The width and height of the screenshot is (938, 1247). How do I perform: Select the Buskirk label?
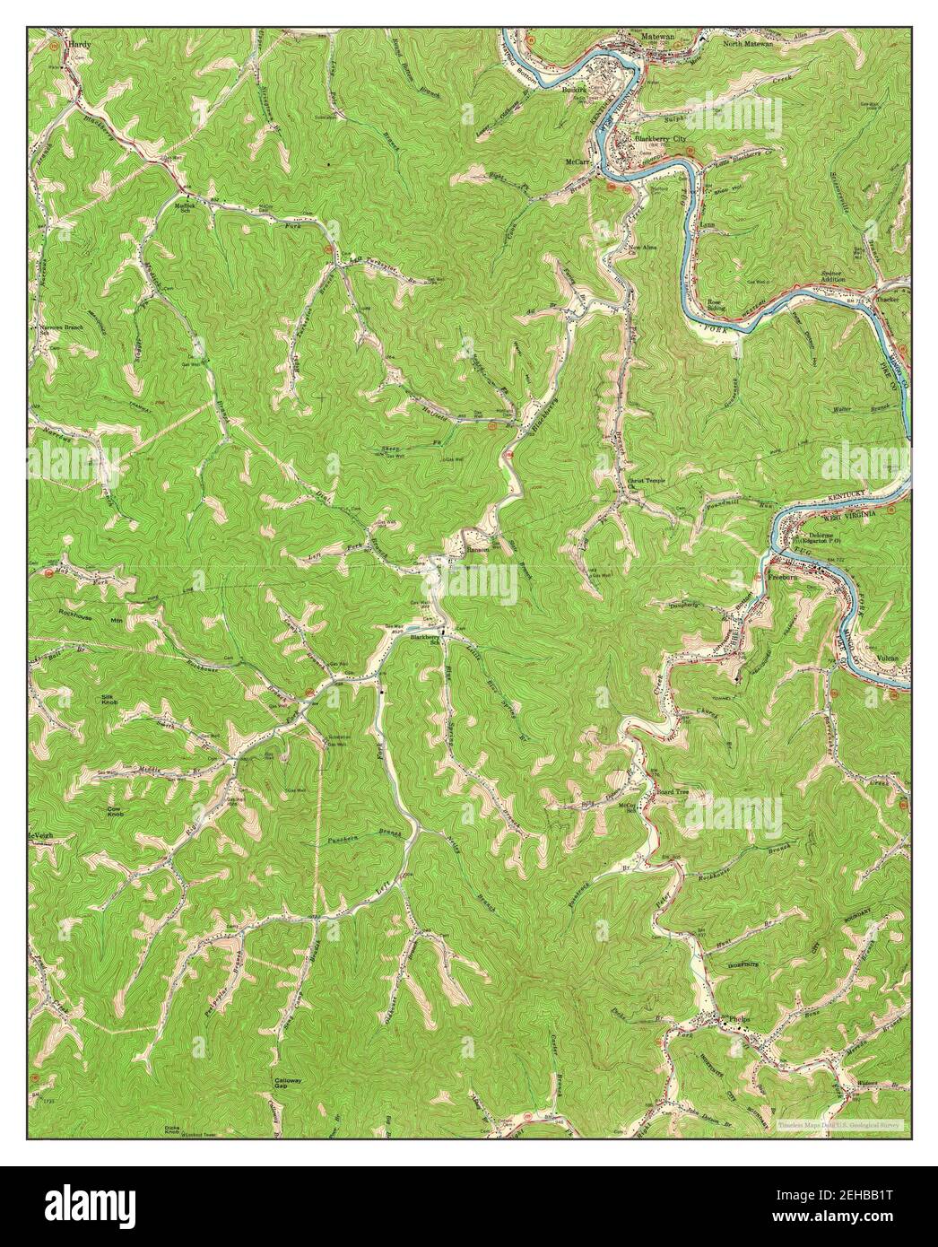click(574, 91)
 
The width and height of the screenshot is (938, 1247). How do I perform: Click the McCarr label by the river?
click(576, 161)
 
